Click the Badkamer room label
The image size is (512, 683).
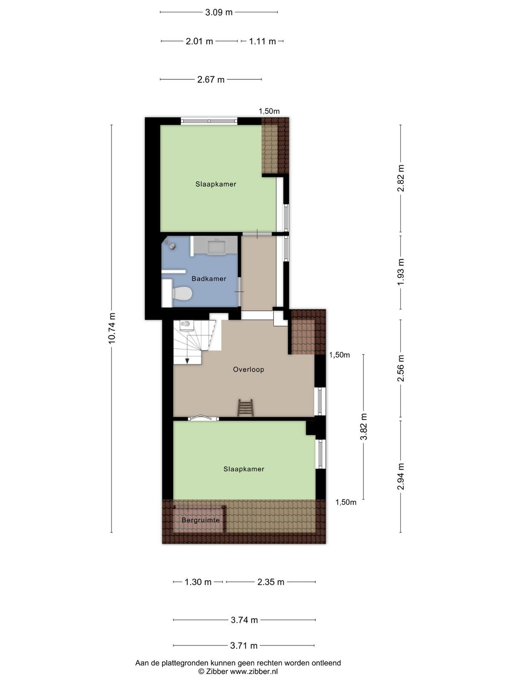coord(209,279)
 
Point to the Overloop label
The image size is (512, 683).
coord(248,369)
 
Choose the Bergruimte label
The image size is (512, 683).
coord(201,520)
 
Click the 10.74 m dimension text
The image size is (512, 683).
coord(112,328)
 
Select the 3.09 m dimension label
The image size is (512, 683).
coord(218,12)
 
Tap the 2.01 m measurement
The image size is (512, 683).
coord(199,41)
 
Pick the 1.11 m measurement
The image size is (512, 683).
coord(262,41)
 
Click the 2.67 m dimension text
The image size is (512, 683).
coord(211,80)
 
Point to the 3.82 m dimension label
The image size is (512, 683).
coord(364,426)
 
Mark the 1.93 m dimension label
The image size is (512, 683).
coord(401,271)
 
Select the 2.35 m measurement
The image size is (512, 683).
coord(271,582)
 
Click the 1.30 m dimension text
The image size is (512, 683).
coord(198,582)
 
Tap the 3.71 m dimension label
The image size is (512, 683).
coord(244,646)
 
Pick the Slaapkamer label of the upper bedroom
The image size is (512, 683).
coord(216,184)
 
